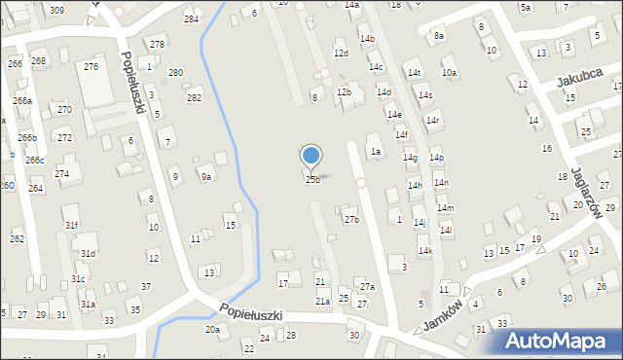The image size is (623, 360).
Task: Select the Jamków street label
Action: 444,319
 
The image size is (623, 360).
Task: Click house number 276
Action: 91,66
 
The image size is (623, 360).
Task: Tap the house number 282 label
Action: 195,97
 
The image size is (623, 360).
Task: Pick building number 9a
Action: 206,176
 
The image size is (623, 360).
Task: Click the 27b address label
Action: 351,219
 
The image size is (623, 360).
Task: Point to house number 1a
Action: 375,151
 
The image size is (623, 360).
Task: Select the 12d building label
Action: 340,53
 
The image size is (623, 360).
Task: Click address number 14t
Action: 415,73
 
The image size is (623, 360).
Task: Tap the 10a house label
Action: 449,72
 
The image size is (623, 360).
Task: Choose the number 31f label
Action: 72,225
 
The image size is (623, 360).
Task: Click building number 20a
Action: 212,330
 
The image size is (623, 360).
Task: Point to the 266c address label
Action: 34,160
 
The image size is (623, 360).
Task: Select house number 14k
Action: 425,250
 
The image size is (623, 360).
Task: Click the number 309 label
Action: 56,10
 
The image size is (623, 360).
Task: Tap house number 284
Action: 191,18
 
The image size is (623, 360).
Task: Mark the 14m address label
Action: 445,208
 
